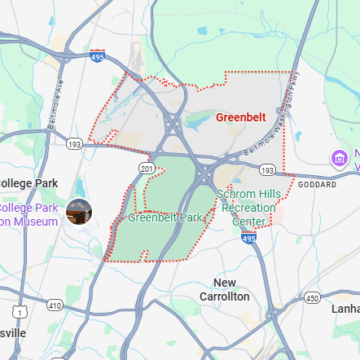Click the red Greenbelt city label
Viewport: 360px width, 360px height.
tap(241, 117)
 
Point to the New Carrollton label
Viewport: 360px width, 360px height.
tap(224, 289)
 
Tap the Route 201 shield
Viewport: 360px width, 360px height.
tap(147, 168)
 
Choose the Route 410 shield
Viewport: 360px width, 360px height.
tap(55, 305)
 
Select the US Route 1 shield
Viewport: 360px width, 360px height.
tap(19, 311)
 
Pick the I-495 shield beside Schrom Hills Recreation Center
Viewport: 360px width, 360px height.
tap(248, 238)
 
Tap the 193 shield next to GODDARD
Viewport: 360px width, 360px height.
tap(267, 169)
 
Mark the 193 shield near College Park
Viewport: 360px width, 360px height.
tap(74, 143)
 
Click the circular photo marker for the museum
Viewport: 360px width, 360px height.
tap(79, 212)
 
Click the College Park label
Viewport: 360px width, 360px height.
tap(29, 182)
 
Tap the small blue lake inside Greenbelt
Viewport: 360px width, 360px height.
tap(196, 123)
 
